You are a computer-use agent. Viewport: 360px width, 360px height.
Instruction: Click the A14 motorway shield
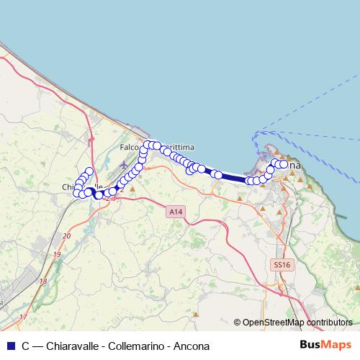coord(174,212)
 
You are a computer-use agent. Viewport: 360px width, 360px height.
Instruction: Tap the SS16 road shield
coord(282,265)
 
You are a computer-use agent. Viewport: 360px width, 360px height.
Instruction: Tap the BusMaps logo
coord(326,345)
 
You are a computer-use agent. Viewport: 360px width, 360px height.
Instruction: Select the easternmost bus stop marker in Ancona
coord(284,165)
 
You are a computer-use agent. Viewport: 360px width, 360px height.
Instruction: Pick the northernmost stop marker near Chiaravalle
coord(89,171)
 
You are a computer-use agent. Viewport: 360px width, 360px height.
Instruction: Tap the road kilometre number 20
coord(67,236)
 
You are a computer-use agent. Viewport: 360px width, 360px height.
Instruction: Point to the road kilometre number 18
coord(43,281)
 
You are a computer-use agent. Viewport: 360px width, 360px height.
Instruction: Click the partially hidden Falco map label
coord(130,147)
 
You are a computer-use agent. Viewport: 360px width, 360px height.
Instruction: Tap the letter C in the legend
coord(25,345)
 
